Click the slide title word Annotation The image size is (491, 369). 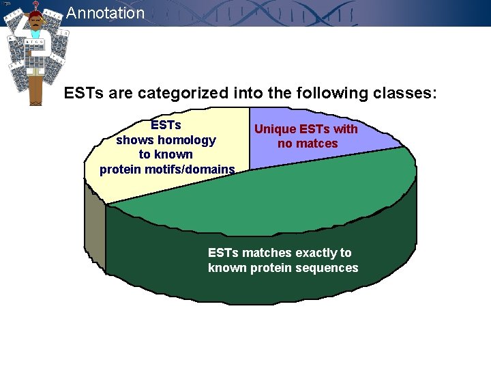coord(106,13)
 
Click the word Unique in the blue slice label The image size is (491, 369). coord(275,129)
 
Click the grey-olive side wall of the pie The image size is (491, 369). coord(95,232)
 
